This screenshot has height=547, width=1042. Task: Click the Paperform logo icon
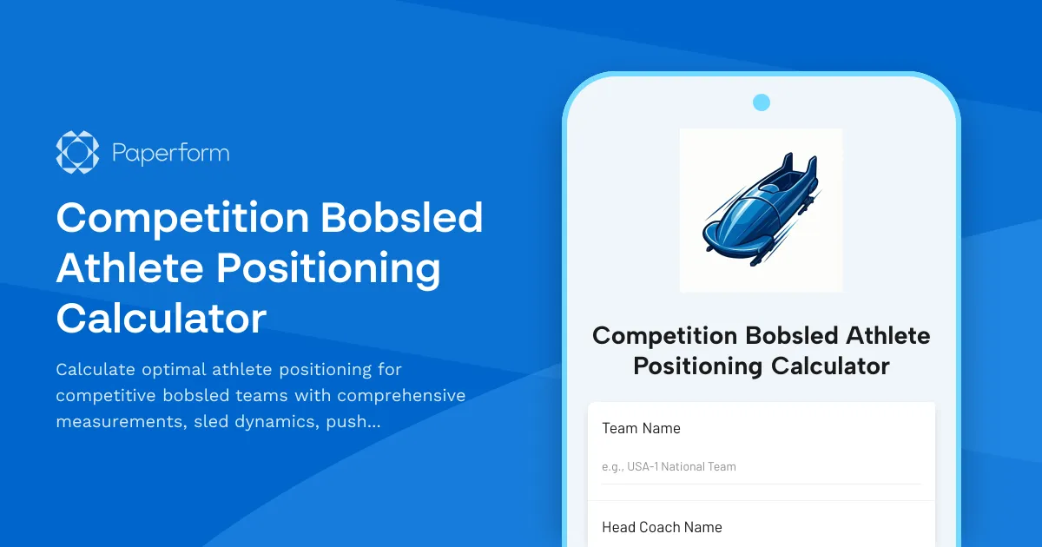(x=77, y=153)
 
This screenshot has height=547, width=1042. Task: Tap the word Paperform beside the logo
(x=170, y=154)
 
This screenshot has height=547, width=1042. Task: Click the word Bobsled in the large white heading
(x=402, y=218)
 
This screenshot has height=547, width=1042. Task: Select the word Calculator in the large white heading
(x=161, y=319)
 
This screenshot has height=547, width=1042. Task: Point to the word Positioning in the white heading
(x=328, y=268)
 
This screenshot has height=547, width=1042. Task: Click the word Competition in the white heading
(x=180, y=218)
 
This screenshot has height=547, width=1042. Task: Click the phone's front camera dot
(x=762, y=102)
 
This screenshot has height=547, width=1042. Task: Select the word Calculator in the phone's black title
(x=830, y=366)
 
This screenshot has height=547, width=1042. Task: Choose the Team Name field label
(x=641, y=428)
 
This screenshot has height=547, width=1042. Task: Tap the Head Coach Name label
(x=662, y=527)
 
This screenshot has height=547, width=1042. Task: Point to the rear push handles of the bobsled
(x=799, y=165)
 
